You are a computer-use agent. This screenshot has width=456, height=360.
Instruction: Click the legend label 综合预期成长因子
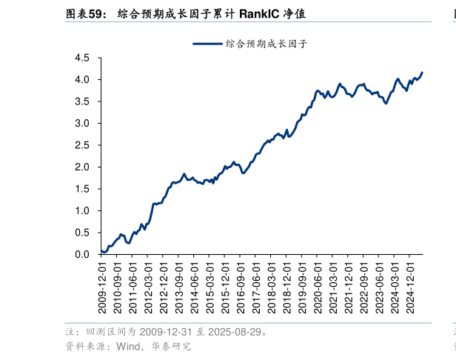[266, 44]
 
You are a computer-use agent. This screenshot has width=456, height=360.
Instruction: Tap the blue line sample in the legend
[208, 44]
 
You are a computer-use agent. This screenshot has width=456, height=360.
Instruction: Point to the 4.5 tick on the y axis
[81, 58]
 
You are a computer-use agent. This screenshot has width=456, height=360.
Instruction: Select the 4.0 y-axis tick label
[81, 79]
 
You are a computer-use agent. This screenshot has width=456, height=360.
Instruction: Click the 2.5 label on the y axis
[81, 145]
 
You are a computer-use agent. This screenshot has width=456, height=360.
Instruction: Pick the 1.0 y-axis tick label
[81, 211]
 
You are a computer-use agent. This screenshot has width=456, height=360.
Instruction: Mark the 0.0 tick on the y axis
[81, 255]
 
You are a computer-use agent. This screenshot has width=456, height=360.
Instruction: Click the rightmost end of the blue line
[423, 73]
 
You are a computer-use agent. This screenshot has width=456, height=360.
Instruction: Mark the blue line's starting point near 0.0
[101, 251]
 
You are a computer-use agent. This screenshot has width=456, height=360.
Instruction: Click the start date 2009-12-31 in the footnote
[164, 331]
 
